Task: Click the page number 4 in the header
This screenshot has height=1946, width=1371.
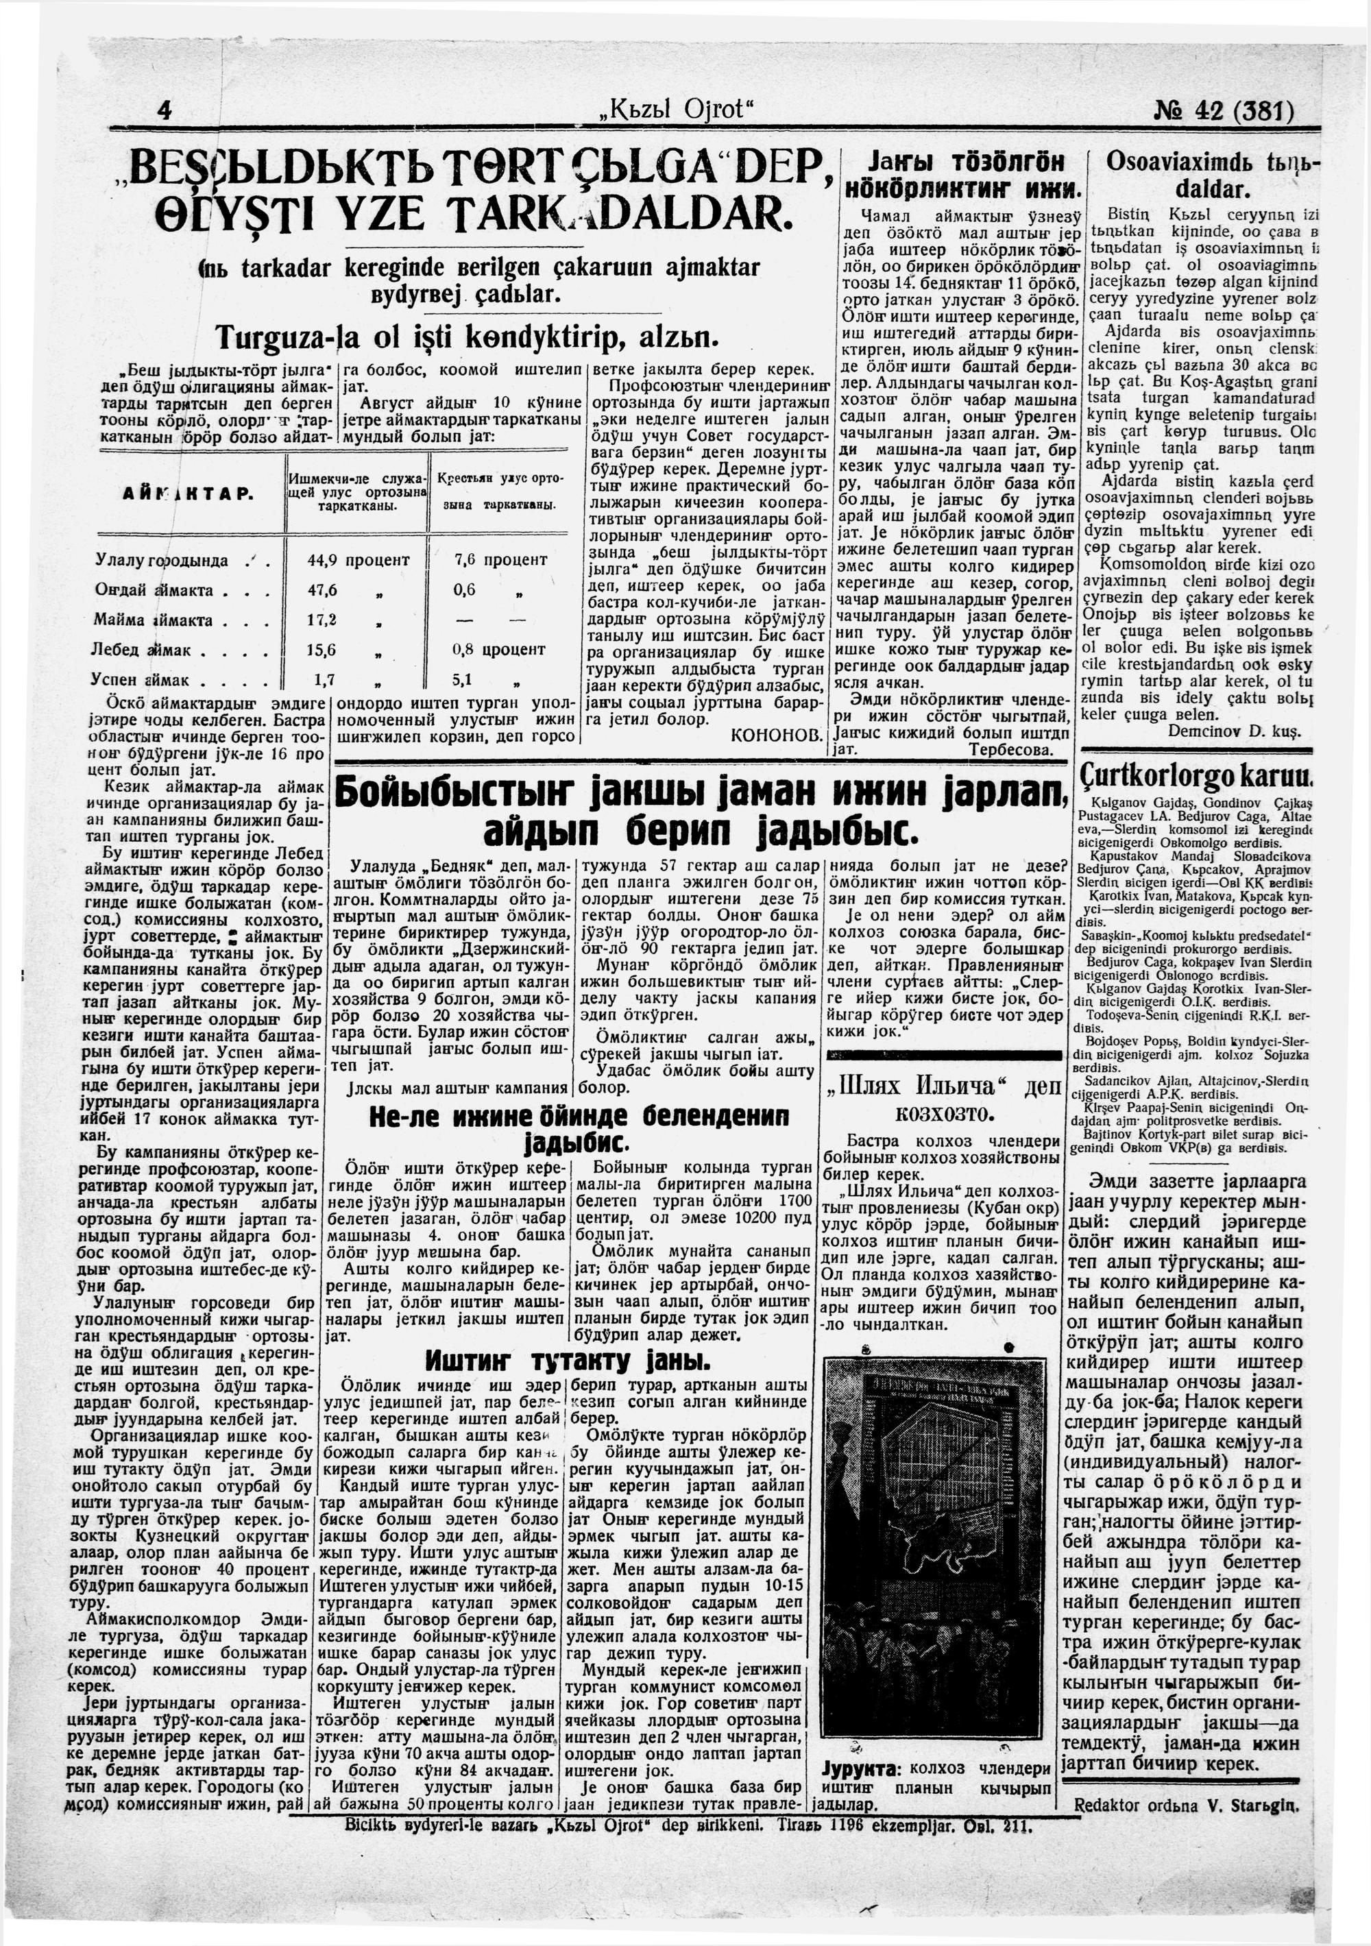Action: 165,110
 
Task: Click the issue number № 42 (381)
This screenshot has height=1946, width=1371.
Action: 1224,111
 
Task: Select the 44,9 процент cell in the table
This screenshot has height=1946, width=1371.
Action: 359,560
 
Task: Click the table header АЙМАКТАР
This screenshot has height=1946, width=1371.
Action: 183,494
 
